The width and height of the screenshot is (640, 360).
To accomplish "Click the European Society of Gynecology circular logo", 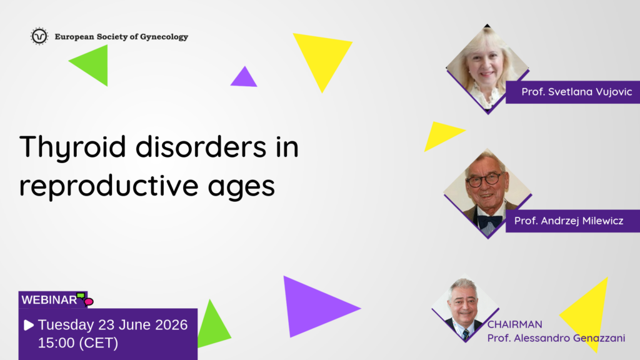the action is [39, 36].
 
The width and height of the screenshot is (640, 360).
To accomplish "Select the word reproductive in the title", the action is [109, 186].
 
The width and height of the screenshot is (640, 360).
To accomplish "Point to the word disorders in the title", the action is [201, 146].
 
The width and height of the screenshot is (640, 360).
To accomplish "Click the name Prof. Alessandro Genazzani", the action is [556, 338].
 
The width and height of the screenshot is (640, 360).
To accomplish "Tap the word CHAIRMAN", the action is [515, 324].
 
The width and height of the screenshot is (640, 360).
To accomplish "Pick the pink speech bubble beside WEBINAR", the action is [89, 302].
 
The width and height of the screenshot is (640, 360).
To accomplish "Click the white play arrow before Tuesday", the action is [29, 325].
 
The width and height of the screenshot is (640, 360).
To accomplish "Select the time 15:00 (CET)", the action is [78, 343].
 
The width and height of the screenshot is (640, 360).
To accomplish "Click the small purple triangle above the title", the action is [244, 77].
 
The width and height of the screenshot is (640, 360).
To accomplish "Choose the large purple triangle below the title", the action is [314, 307].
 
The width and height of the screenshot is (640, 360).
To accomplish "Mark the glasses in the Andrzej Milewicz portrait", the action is [484, 179].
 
